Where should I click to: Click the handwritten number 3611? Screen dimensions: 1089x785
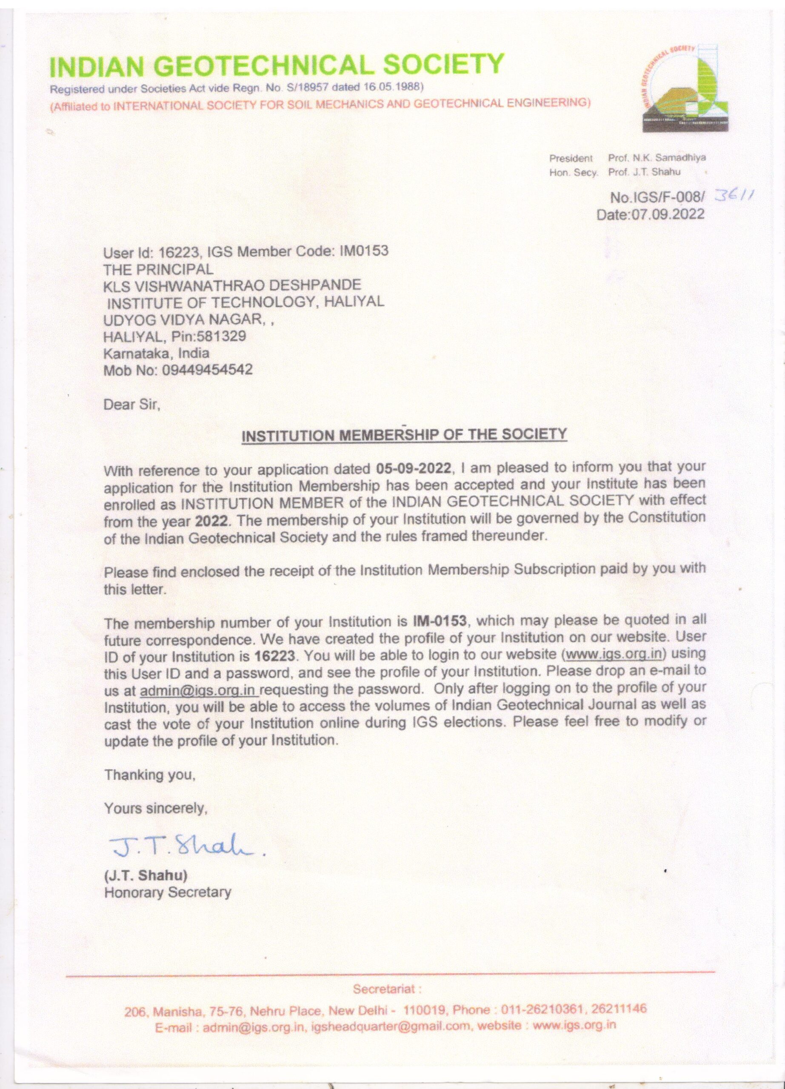point(734,195)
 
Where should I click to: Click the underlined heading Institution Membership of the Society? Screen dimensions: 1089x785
point(404,435)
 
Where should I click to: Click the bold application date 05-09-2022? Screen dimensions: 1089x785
point(414,468)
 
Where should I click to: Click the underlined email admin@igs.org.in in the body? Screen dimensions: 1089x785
point(198,690)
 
